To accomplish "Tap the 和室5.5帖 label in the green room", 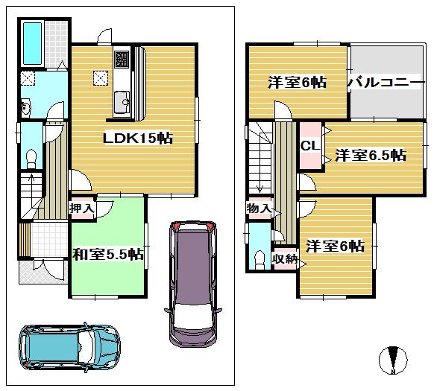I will [x=107, y=255].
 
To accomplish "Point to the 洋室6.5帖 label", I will [x=370, y=156].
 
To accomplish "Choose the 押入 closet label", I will [x=82, y=209].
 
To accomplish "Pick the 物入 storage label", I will [x=259, y=209].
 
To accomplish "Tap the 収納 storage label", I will [x=285, y=258].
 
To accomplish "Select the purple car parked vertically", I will [x=191, y=281].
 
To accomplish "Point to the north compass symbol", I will [x=394, y=360].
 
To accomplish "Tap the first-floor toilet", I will [x=31, y=157].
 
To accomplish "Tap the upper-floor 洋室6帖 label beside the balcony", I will [x=296, y=83].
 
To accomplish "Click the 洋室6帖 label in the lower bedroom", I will [x=334, y=246].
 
